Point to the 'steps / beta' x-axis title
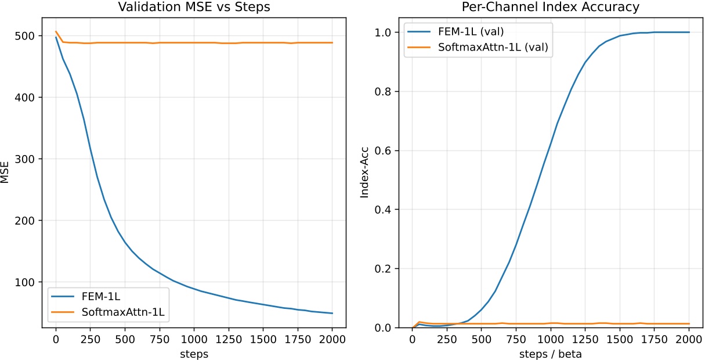click(x=551, y=352)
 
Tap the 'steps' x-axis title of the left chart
click(x=194, y=352)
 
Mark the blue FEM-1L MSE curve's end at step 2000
click(x=332, y=313)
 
